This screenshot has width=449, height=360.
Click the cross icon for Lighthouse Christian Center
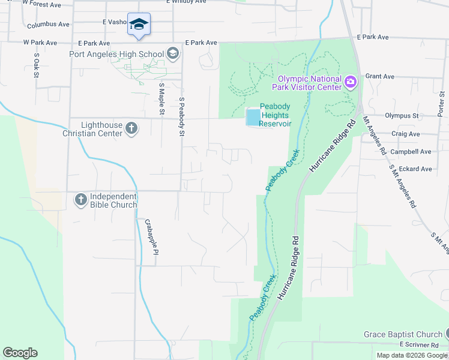131,128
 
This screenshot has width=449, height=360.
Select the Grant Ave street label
379,77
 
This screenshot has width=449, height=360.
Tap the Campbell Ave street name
411,152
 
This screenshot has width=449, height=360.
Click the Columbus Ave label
49,25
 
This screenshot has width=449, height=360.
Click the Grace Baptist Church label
403,334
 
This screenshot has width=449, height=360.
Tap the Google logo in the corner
20,353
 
